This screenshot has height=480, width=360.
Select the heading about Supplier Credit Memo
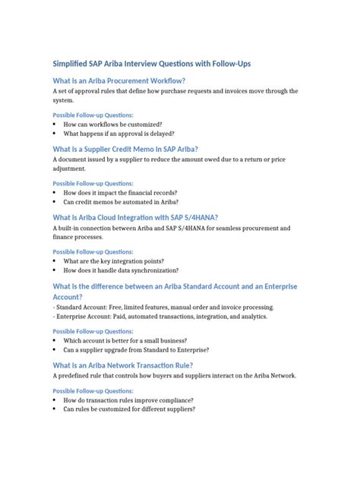(125, 149)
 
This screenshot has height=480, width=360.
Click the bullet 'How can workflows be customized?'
(112, 123)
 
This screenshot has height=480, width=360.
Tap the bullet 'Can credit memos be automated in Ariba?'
(122, 202)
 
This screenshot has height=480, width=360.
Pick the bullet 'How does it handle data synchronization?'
(121, 270)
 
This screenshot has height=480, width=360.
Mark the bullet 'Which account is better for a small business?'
(125, 340)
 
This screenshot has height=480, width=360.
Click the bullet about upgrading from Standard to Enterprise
(136, 350)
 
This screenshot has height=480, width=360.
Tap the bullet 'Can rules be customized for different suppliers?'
(129, 409)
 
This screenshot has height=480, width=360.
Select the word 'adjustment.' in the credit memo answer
(70, 169)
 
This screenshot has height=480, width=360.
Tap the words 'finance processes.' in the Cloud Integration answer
(80, 237)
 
